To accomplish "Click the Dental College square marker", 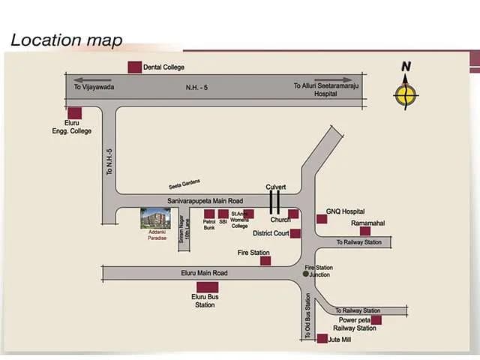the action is (135, 67).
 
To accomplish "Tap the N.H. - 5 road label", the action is (196, 88).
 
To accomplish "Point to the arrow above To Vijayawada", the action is (92, 80).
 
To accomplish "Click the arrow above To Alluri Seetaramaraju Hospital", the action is (333, 79).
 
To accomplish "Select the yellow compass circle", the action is (406, 95).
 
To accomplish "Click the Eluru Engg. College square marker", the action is (75, 113).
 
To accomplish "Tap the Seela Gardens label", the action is (184, 184).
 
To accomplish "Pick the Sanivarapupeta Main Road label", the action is (205, 201).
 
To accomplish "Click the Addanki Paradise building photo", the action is (155, 218).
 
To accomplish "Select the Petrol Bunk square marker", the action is (209, 214).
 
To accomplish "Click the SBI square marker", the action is (223, 214).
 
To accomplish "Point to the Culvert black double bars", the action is (274, 202).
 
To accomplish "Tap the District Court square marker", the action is (295, 233).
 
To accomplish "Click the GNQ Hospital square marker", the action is (322, 219).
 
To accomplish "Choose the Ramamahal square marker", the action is (365, 231).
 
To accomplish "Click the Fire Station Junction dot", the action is (305, 274).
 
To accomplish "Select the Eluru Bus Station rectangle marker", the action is (208, 287).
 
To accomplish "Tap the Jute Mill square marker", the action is (322, 338).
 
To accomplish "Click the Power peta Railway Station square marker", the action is (376, 320).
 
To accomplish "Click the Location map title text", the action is (67, 40).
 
